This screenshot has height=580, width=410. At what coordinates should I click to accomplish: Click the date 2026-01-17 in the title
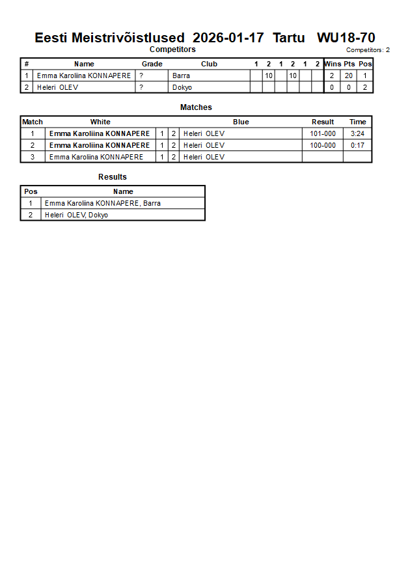pyautogui.click(x=228, y=38)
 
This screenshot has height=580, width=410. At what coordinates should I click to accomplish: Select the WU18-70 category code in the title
pyautogui.click(x=346, y=38)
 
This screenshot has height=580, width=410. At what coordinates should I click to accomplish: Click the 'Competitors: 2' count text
pyautogui.click(x=368, y=50)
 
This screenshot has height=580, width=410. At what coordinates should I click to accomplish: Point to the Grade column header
pyautogui.click(x=152, y=64)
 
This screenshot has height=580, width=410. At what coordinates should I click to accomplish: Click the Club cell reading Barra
pyautogui.click(x=181, y=76)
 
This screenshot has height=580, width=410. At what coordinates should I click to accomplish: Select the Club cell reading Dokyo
pyautogui.click(x=182, y=87)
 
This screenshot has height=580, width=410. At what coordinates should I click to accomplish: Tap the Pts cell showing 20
pyautogui.click(x=349, y=76)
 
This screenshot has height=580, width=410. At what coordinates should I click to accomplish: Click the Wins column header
pyautogui.click(x=333, y=64)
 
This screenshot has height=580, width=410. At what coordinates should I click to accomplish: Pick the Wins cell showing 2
pyautogui.click(x=332, y=76)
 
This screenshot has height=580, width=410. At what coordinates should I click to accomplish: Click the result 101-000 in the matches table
pyautogui.click(x=323, y=134)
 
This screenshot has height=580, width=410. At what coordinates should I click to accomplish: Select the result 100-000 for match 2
pyautogui.click(x=323, y=145)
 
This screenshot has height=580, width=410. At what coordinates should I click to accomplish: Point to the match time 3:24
pyautogui.click(x=357, y=134)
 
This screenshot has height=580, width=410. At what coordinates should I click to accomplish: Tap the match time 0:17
pyautogui.click(x=357, y=145)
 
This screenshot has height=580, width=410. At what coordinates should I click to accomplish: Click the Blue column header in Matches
pyautogui.click(x=241, y=122)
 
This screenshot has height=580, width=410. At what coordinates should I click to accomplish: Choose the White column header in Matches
pyautogui.click(x=100, y=122)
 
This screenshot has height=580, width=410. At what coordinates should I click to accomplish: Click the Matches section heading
pyautogui.click(x=196, y=107)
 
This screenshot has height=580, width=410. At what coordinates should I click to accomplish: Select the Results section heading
pyautogui.click(x=113, y=177)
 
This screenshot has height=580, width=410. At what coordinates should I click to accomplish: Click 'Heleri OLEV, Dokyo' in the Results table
pyautogui.click(x=76, y=215)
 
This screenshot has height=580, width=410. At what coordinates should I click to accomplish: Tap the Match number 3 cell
pyautogui.click(x=33, y=157)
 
